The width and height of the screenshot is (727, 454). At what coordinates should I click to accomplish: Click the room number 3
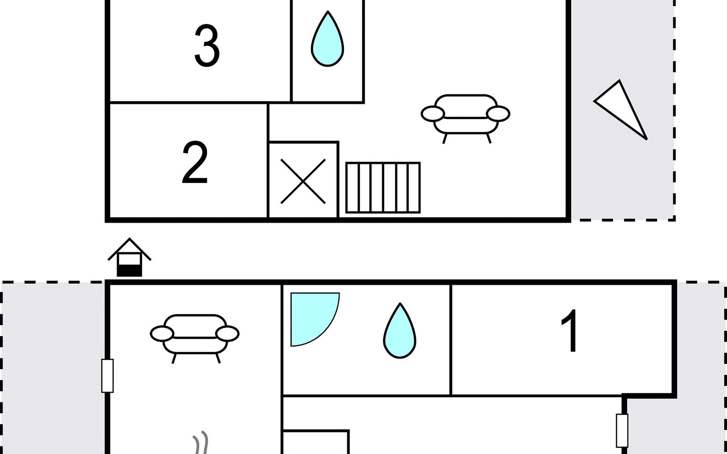[207, 46]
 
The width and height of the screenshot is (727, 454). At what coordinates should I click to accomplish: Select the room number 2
[195, 163]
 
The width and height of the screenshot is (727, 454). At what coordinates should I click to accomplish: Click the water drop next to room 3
[328, 39]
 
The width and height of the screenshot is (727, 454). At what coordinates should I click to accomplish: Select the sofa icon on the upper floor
[466, 118]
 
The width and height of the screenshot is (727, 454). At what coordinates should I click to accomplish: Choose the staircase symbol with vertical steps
[383, 188]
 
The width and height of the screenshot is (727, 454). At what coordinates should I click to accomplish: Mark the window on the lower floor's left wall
[108, 376]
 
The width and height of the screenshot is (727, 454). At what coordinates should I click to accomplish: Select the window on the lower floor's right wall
[622, 430]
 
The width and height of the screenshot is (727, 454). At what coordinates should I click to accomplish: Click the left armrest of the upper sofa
[433, 113]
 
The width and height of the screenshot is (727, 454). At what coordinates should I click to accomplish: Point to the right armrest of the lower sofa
[227, 334]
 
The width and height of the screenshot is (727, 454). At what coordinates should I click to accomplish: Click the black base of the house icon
[129, 271]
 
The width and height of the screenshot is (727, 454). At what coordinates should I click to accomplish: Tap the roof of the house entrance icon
[129, 249]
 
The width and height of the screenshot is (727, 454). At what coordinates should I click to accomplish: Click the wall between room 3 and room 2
[189, 102]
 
